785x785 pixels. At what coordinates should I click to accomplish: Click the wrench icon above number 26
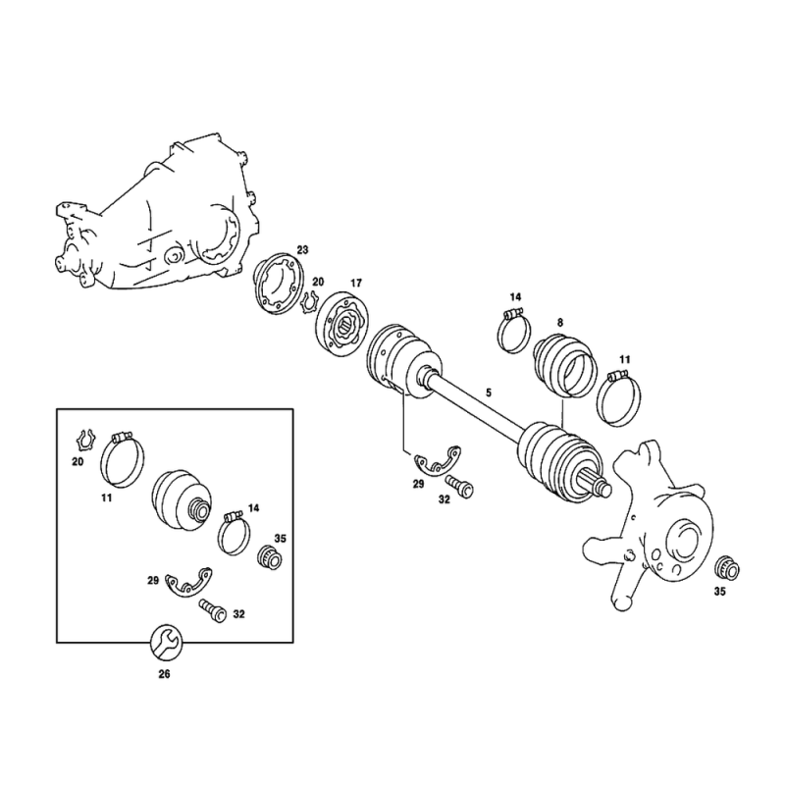point(167,642)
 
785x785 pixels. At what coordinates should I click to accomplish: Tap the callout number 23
point(302,250)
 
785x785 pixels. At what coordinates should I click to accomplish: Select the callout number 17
point(355,284)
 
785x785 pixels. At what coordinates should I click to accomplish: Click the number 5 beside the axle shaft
point(489,393)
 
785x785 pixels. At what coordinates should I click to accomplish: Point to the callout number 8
point(560,323)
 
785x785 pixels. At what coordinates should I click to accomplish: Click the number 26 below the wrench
point(164,674)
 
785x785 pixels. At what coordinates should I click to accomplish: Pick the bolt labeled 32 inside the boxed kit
point(213,610)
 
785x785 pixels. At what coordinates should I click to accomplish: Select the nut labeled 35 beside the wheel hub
point(727,568)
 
